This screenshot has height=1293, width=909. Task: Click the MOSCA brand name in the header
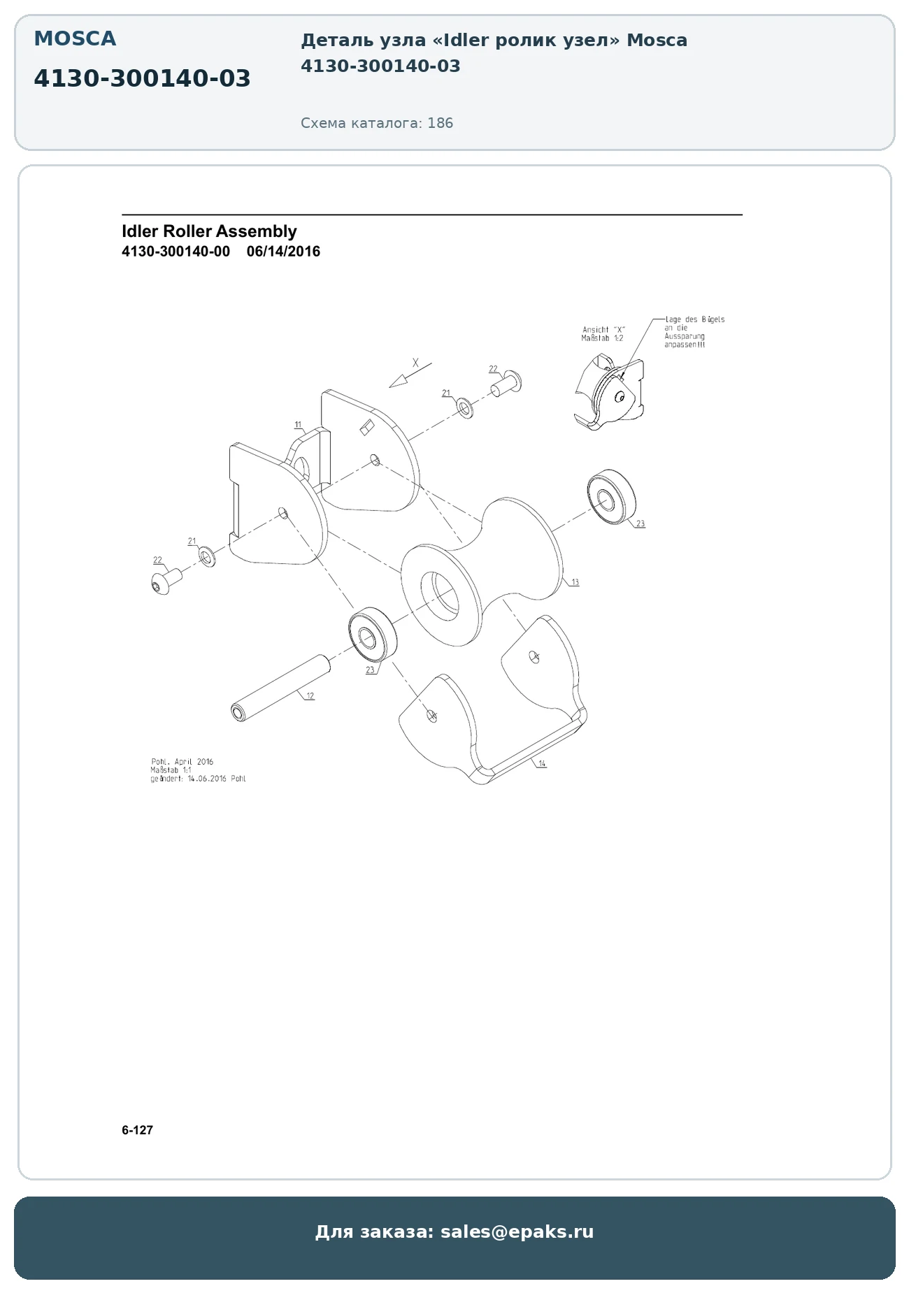click(75, 38)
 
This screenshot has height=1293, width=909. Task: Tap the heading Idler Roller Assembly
click(209, 231)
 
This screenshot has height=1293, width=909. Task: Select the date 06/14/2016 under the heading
click(283, 252)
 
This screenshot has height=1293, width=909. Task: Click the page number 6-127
click(137, 1130)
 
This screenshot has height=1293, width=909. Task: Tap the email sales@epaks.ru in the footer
click(517, 1231)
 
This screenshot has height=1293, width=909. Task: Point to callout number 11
click(298, 424)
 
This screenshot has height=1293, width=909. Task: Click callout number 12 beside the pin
click(310, 695)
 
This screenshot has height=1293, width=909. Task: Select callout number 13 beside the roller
click(575, 582)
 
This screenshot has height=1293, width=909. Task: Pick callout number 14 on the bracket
click(542, 764)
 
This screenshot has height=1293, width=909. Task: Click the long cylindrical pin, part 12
click(280, 688)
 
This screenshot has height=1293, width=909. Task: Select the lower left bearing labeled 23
click(373, 636)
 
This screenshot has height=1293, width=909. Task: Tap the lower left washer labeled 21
click(208, 557)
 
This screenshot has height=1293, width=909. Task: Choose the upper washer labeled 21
click(464, 408)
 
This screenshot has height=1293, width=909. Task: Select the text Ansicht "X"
click(604, 330)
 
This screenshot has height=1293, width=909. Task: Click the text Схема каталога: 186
click(377, 124)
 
